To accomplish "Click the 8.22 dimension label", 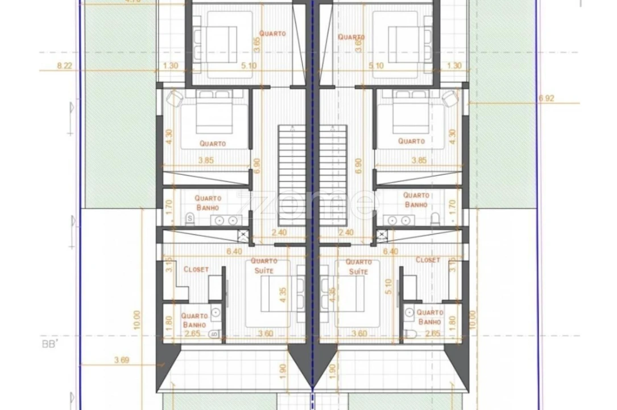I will coord(65,65).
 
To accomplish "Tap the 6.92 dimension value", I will coord(545,98).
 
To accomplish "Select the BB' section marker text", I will coord(49,345).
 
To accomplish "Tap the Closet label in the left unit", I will coord(196,269).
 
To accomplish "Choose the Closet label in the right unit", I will coord(428,260).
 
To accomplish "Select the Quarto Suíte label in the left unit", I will coord(263,266).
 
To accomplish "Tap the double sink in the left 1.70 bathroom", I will coord(225,220).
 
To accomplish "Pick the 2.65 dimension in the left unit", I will coord(191,334).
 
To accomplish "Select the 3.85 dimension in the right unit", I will coord(419,161).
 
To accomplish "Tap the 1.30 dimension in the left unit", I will coord(170,65).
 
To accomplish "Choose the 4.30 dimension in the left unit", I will coord(168,137).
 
